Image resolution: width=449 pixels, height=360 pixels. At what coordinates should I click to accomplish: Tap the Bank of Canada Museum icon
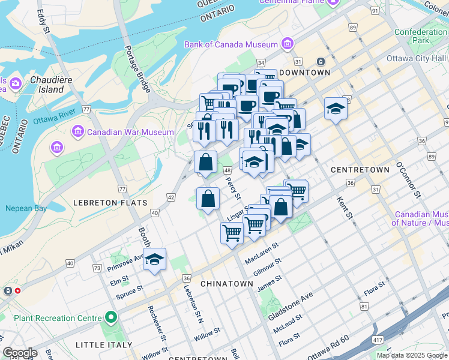[288, 44]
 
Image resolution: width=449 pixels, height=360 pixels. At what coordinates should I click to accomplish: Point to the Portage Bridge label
[137, 68]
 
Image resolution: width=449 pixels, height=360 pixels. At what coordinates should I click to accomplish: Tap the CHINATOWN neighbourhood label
[226, 283]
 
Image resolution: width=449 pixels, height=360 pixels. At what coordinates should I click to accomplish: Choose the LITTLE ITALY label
[104, 345]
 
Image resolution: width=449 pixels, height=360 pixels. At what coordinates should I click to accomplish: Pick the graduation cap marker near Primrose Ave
[154, 259]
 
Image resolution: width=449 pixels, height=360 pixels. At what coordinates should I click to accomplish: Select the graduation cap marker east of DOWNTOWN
[335, 109]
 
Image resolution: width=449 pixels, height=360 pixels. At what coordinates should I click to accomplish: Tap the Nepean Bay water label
[26, 208]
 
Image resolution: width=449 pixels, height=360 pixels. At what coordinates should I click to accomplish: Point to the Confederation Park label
[421, 36]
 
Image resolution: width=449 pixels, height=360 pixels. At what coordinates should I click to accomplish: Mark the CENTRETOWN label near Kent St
[360, 170]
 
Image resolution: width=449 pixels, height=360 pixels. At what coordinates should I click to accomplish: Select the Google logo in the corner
[20, 352]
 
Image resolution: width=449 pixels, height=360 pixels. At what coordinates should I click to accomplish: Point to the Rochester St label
[158, 321]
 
